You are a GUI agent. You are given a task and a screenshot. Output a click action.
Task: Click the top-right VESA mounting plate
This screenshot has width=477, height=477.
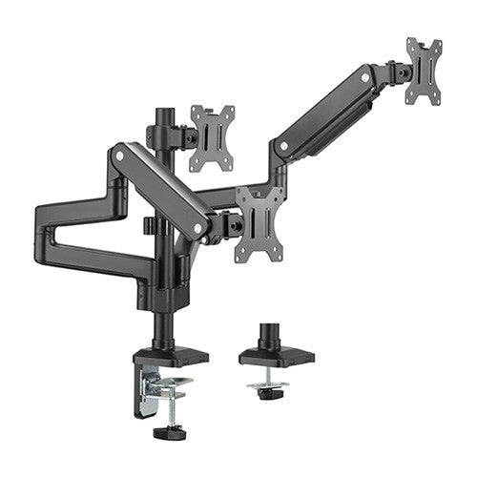424,71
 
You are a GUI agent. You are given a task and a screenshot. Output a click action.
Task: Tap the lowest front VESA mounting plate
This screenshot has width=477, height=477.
260,222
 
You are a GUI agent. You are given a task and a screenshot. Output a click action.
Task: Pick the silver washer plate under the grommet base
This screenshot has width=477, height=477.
270,384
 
